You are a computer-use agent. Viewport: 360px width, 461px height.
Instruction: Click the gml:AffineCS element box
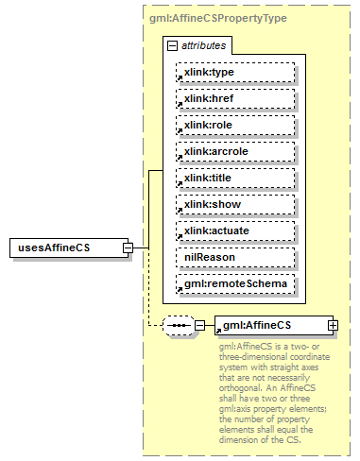[269, 326]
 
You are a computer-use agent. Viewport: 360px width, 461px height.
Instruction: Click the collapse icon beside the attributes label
[171, 45]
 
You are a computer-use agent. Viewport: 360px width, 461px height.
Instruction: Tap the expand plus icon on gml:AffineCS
[333, 326]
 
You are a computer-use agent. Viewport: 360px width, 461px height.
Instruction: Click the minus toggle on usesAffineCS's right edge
[128, 248]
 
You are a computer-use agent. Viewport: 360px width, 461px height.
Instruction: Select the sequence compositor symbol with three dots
[178, 326]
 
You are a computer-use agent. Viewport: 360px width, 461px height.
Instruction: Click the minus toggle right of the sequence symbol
[199, 326]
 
